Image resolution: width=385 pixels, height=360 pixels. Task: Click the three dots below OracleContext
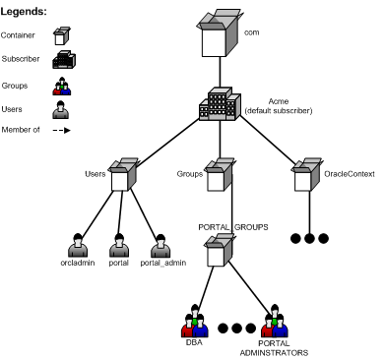click(x=309, y=237)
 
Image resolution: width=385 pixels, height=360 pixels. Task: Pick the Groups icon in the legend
click(x=59, y=85)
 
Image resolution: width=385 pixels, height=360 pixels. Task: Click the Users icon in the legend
click(x=59, y=109)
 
